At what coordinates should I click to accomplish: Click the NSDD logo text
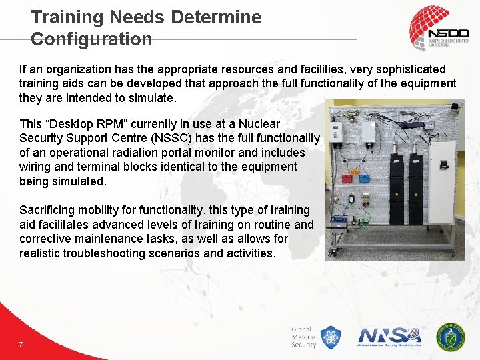click(449, 33)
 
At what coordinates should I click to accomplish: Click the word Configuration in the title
click(91, 39)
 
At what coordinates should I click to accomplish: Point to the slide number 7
click(21, 344)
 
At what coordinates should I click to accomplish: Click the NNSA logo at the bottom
click(390, 336)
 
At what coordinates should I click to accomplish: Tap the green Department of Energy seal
click(451, 337)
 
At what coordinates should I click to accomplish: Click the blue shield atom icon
click(330, 337)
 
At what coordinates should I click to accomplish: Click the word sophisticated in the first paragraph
click(412, 69)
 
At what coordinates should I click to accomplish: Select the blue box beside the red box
click(365, 177)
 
